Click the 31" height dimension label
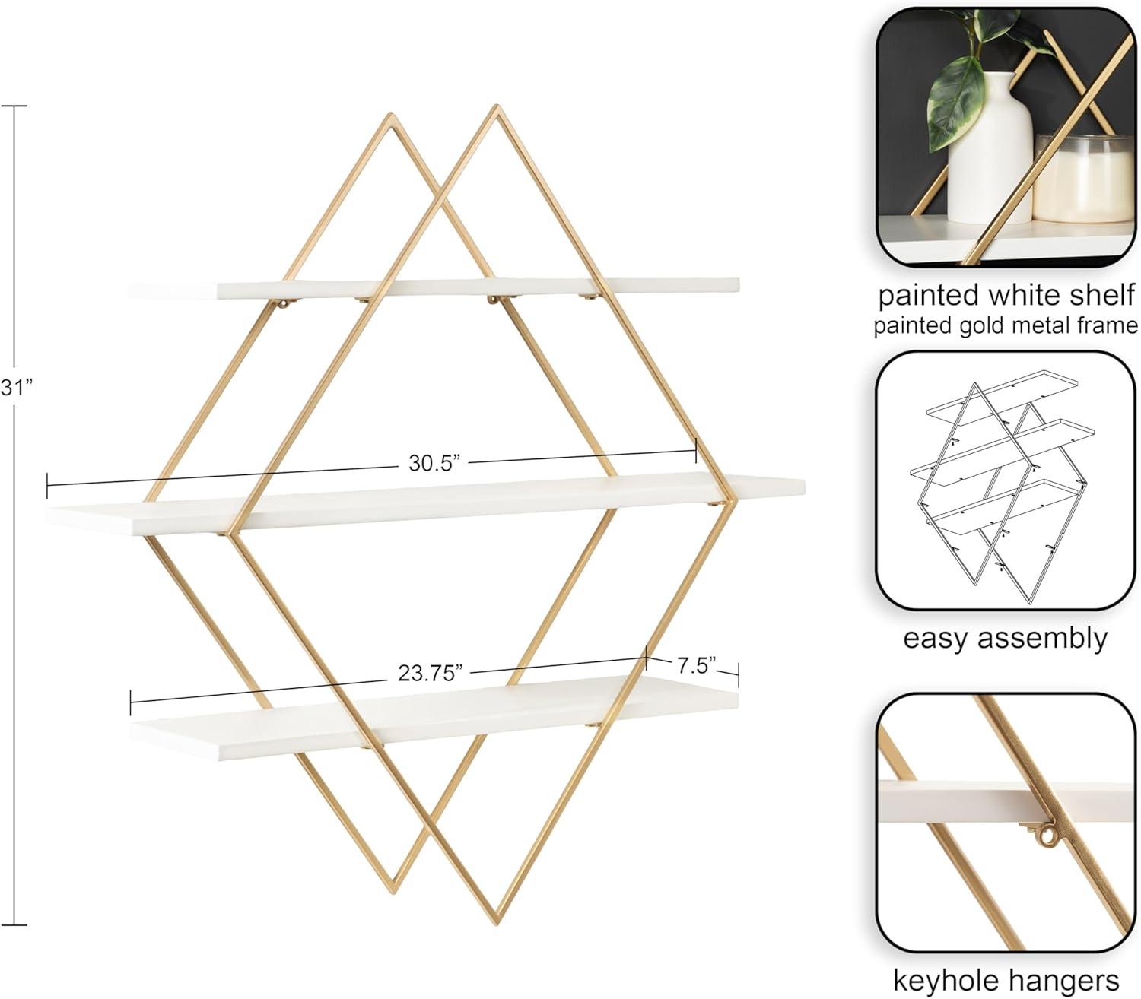point(16,388)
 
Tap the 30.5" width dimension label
point(434,463)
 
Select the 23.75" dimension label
point(431,673)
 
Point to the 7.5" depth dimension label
point(696,665)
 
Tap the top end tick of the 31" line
point(14,106)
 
